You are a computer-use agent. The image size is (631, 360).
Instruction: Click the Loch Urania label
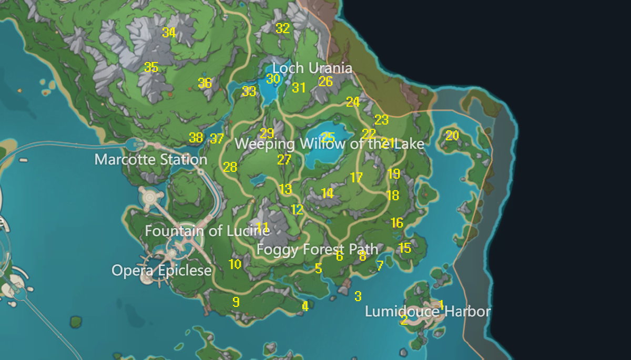coord(312,68)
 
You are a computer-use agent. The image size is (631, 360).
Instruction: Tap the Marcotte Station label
coord(151,159)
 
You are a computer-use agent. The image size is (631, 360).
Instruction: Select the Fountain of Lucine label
coord(207,231)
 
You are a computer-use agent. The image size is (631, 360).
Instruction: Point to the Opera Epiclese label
coord(161,271)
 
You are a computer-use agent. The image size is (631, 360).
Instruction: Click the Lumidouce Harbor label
coord(428,312)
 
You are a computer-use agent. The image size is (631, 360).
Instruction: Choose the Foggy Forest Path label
coord(317,249)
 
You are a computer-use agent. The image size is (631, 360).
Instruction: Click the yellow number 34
coord(169,33)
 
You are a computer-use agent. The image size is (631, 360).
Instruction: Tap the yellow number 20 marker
coord(452,136)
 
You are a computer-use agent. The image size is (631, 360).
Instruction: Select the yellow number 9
coord(236,302)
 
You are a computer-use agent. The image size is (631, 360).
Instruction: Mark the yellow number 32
coord(283,28)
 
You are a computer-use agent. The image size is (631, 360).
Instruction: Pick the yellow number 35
coord(151,67)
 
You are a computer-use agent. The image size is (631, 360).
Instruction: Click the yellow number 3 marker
coord(358,296)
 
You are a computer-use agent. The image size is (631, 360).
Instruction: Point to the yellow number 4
coord(305,306)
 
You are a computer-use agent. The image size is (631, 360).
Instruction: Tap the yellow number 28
coord(230,167)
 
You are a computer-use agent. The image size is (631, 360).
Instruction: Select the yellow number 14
coord(328,193)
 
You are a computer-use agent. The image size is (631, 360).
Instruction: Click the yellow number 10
coord(235,264)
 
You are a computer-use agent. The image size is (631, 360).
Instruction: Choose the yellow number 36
coord(205,83)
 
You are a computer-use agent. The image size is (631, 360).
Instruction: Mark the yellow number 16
coord(397,223)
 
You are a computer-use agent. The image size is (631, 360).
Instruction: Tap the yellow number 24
coord(353,102)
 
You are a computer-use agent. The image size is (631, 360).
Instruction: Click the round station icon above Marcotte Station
coord(136,143)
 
